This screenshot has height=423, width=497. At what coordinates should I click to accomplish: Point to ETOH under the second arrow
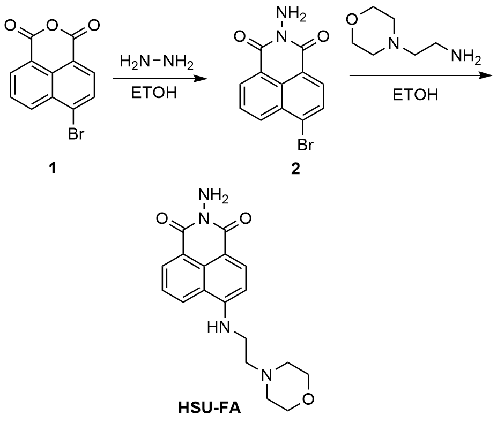tap(414, 96)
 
